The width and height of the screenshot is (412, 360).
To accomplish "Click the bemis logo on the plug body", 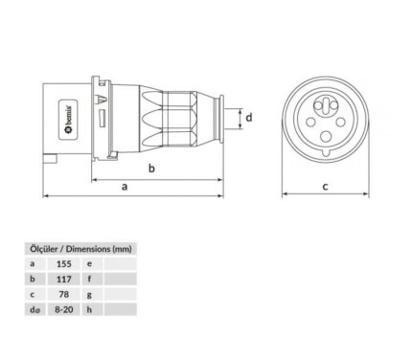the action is (x=69, y=120).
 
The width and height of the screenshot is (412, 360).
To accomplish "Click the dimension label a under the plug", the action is (x=125, y=187).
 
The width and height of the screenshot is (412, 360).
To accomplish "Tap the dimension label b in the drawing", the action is (x=151, y=168).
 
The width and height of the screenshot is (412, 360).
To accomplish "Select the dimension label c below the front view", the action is (x=325, y=187).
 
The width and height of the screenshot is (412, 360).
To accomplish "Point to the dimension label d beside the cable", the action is (x=249, y=118).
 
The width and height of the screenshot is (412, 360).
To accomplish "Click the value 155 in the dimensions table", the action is (x=64, y=264).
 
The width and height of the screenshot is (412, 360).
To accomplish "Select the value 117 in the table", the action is (x=64, y=280).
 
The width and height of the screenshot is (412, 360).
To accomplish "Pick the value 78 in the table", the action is (x=64, y=294).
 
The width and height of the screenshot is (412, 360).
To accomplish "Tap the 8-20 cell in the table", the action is (x=64, y=309).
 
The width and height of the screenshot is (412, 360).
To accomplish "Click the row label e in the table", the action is (x=89, y=264).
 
